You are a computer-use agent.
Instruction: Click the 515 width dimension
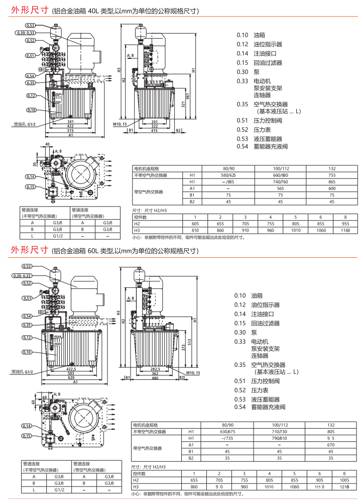71,130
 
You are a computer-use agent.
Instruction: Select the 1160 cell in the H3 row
344,230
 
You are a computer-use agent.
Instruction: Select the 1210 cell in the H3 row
344,486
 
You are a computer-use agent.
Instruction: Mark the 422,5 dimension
71,368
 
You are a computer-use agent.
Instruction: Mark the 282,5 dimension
156,368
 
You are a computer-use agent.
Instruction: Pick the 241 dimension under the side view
155,122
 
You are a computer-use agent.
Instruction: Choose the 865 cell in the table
331,181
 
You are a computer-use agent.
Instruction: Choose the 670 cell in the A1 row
330,445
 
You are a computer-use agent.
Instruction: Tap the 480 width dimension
156,377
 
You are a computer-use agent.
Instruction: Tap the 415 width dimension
155,130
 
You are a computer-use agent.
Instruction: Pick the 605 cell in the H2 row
195,224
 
